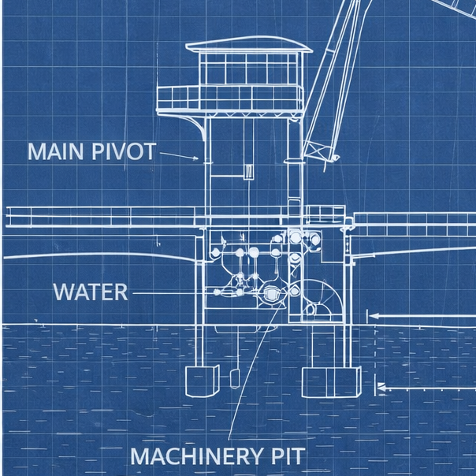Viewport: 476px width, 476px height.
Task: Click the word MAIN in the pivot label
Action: (55, 151)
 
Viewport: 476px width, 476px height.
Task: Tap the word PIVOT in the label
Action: (124, 151)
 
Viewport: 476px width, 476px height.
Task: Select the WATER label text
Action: (91, 292)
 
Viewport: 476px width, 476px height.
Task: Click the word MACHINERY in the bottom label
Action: (197, 456)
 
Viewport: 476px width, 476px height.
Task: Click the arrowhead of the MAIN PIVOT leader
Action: (195, 158)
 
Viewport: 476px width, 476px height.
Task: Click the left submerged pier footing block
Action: (203, 381)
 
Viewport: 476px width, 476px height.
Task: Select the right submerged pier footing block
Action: (332, 382)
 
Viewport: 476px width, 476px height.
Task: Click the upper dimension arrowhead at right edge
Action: (374, 316)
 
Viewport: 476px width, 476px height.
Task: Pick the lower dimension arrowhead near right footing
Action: (381, 388)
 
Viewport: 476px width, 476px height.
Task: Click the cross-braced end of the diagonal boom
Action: (318, 150)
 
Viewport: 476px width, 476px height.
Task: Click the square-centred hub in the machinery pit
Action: (270, 293)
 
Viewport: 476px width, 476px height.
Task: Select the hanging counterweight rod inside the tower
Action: (248, 149)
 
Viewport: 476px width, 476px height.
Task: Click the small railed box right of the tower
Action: (325, 214)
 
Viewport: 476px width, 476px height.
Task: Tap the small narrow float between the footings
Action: (234, 379)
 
